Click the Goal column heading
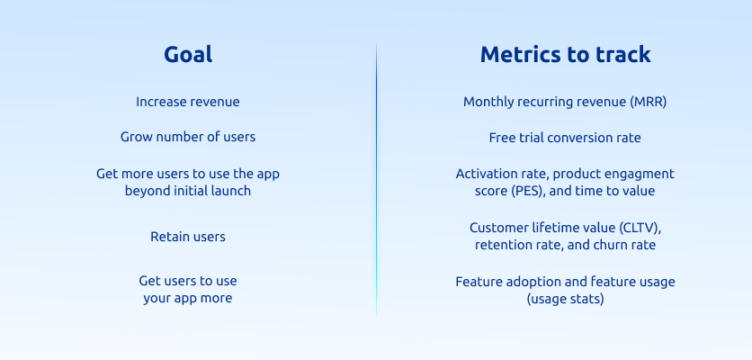[x=188, y=54]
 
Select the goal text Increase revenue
[x=187, y=102]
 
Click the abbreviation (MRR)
[x=649, y=103]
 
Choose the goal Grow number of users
[x=188, y=138]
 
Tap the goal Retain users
[x=188, y=237]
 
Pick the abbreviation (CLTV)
[x=640, y=228]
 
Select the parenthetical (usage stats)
[x=566, y=299]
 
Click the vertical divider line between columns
[x=377, y=180]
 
